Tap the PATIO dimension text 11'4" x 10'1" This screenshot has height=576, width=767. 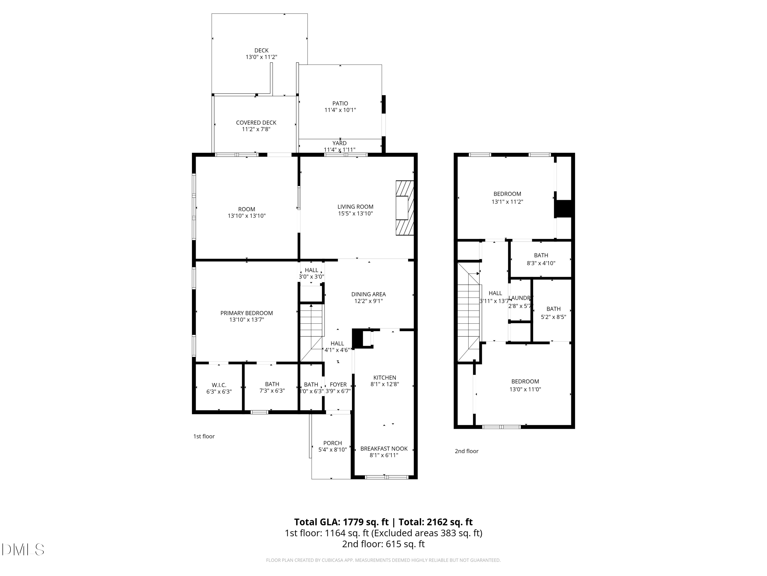click(x=340, y=110)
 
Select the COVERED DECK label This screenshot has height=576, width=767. click(x=256, y=123)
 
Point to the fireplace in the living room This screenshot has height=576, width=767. click(x=405, y=208)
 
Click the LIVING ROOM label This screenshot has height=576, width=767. click(x=355, y=207)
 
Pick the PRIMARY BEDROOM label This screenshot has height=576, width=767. click(x=246, y=313)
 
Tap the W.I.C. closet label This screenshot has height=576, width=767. click(x=219, y=385)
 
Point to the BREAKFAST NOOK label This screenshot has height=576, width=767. click(x=384, y=449)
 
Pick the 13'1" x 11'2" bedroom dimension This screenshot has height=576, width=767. click(x=507, y=202)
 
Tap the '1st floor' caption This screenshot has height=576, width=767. click(x=204, y=436)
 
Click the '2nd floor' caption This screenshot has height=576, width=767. click(x=466, y=451)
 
